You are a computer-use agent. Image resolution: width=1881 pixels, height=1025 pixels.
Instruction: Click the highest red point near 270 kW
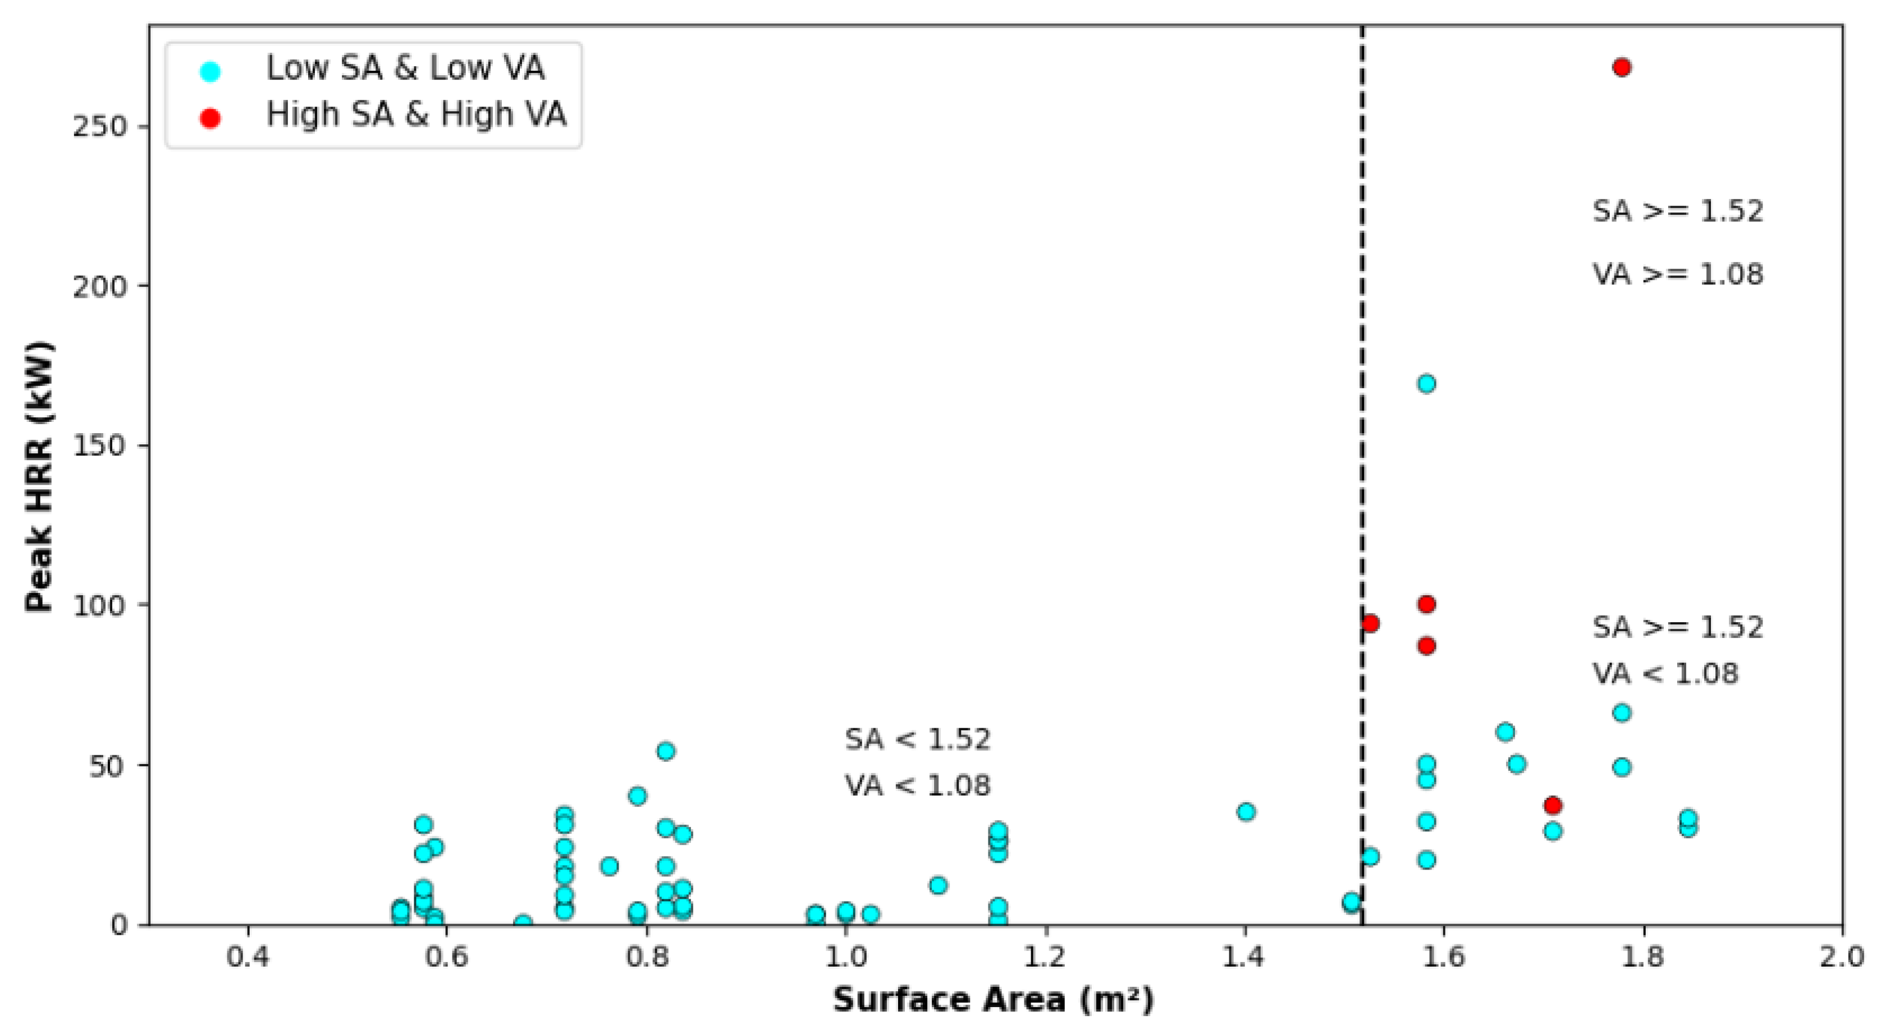click(x=1621, y=67)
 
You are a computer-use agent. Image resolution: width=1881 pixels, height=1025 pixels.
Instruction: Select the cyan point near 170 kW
click(x=1426, y=383)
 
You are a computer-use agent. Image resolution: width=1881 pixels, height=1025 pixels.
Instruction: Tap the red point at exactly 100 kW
click(x=1426, y=604)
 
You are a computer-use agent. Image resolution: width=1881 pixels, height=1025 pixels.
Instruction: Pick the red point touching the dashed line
click(x=1370, y=623)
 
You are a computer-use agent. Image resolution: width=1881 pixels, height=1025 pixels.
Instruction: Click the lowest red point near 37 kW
click(x=1553, y=805)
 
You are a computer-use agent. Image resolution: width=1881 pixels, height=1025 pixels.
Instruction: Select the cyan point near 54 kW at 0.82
click(x=665, y=751)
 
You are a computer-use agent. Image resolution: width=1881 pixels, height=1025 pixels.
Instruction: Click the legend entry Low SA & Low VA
click(x=405, y=68)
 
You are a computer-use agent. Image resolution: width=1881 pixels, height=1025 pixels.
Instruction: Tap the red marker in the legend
click(x=210, y=118)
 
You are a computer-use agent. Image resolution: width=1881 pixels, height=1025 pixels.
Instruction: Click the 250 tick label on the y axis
click(x=100, y=126)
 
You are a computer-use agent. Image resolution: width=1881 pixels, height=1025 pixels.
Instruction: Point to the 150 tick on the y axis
click(x=100, y=445)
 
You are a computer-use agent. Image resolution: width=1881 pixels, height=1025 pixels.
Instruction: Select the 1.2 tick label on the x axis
click(x=1045, y=957)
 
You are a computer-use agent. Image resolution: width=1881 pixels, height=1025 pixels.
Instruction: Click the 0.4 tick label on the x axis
click(x=248, y=957)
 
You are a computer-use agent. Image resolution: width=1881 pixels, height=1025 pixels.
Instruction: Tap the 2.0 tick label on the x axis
click(x=1842, y=957)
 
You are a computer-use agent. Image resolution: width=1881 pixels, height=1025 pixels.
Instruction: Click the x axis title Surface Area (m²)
click(x=994, y=999)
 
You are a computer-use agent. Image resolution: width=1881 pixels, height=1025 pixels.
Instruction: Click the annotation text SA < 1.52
click(x=917, y=739)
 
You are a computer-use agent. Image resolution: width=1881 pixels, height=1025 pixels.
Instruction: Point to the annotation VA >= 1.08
click(x=1677, y=274)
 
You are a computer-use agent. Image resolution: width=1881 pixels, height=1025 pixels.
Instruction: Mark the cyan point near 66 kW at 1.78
click(x=1621, y=713)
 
